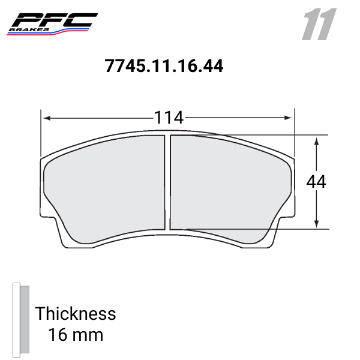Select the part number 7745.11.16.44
(x=164, y=66)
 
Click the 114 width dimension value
(x=168, y=118)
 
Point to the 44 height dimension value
(x=316, y=182)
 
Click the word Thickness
(x=75, y=313)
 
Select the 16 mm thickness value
(x=75, y=334)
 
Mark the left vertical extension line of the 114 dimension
(x=41, y=132)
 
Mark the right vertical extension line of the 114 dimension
(x=295, y=132)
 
